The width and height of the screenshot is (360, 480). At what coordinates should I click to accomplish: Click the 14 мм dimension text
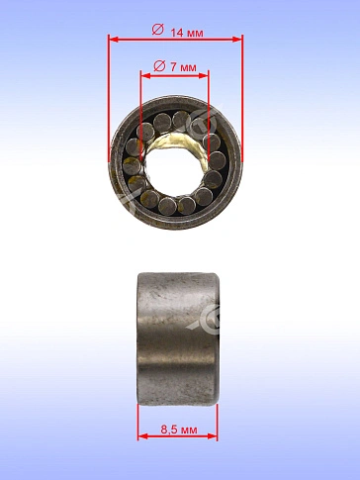click(187, 33)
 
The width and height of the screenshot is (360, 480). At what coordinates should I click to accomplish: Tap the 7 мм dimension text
click(183, 67)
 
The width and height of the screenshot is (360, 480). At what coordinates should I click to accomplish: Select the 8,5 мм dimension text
click(179, 430)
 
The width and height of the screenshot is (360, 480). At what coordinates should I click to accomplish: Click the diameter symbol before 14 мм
click(157, 30)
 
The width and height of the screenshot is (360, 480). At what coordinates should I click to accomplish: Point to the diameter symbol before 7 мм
click(159, 66)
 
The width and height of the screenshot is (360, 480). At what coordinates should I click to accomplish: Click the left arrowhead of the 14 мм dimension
click(114, 40)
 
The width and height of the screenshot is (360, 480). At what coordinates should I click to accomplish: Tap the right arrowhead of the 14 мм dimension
click(237, 40)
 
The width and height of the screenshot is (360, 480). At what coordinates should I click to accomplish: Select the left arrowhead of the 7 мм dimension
click(145, 76)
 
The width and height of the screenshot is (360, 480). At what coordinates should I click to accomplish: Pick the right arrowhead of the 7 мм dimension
click(204, 76)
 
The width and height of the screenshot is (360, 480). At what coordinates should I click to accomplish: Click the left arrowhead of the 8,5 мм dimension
click(142, 436)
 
